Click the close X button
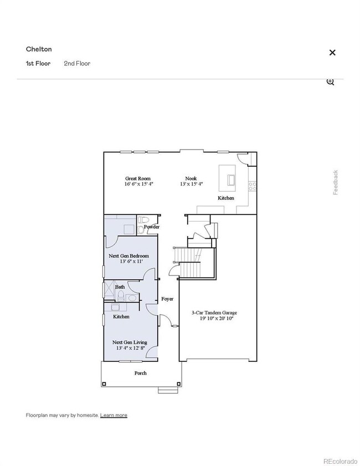pyautogui.click(x=332, y=53)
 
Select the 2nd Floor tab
pyautogui.click(x=77, y=63)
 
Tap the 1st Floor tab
pyautogui.click(x=38, y=63)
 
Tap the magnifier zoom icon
pyautogui.click(x=330, y=81)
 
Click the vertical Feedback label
pyautogui.click(x=335, y=182)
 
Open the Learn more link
pyautogui.click(x=114, y=415)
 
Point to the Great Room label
pyautogui.click(x=137, y=178)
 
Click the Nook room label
pyautogui.click(x=191, y=178)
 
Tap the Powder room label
pyautogui.click(x=152, y=227)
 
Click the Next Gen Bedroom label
pyautogui.click(x=129, y=256)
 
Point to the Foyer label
pyautogui.click(x=167, y=299)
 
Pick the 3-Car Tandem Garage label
pyautogui.click(x=214, y=313)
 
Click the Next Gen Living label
pyautogui.click(x=130, y=342)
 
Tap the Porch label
pyautogui.click(x=141, y=373)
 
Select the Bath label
pyautogui.click(x=120, y=287)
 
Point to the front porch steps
pyautogui.click(x=166, y=390)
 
